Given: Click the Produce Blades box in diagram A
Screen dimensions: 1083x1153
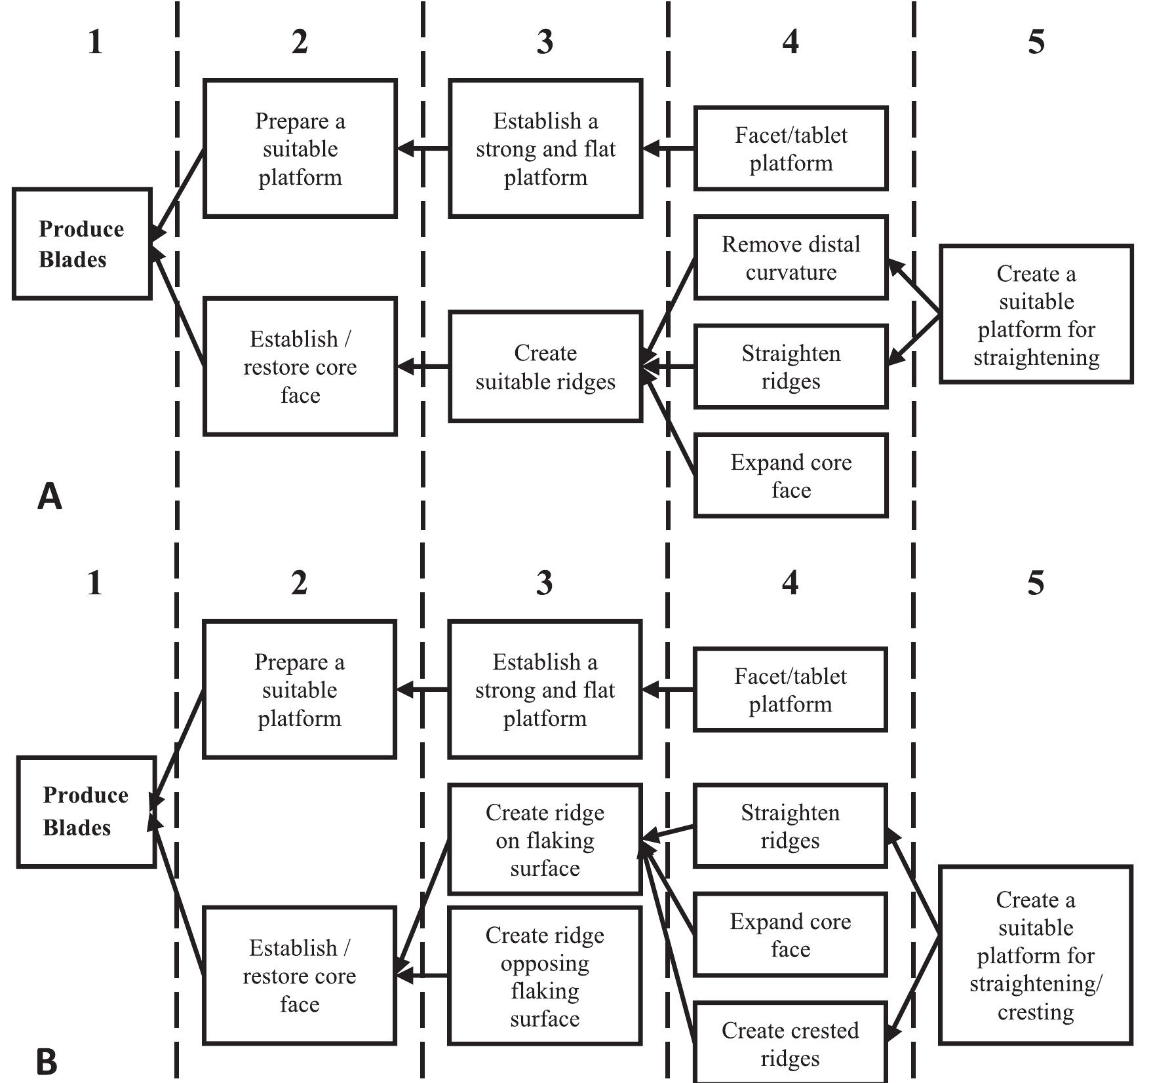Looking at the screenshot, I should (82, 244).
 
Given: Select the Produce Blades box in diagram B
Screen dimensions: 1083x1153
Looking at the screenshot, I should (86, 811).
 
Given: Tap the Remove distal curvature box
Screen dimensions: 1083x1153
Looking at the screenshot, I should (791, 257).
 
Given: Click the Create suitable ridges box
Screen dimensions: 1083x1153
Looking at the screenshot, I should (545, 366).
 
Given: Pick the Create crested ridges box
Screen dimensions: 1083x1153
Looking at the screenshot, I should (790, 1043).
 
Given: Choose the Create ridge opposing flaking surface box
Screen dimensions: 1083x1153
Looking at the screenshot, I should (545, 976).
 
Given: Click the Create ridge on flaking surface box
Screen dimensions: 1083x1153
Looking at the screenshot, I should (545, 839).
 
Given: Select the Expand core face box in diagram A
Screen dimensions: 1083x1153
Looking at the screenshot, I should (791, 476).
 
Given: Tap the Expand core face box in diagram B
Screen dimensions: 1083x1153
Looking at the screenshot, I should (790, 935).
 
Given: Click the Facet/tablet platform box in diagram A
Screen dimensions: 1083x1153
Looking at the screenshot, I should (791, 149).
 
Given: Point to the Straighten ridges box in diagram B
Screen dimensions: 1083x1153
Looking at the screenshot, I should (790, 826).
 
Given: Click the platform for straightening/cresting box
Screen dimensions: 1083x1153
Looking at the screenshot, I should (1035, 955).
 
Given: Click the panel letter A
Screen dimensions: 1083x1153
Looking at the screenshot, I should (49, 497).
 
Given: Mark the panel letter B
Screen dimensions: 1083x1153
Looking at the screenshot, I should (47, 1062).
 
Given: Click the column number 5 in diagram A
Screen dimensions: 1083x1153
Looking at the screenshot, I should (1036, 42).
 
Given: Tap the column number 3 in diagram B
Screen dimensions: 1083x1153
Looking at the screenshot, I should (544, 582).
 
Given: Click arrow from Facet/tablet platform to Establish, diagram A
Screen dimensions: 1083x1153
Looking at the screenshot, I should (668, 149).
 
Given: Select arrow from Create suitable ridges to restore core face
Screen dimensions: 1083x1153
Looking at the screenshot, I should (423, 366).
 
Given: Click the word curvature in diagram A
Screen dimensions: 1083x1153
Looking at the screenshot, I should (791, 272).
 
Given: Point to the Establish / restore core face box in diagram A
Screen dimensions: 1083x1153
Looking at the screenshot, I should (300, 366).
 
